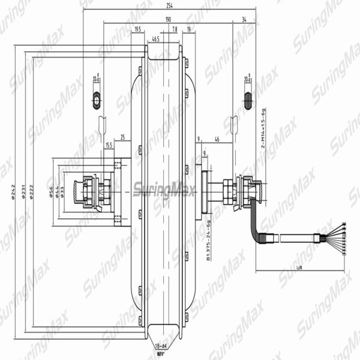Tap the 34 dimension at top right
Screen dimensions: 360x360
pos(244,19)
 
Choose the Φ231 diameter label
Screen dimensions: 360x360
pos(23,191)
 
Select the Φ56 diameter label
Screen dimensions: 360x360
pos(50,191)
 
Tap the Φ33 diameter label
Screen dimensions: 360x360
pos(63,191)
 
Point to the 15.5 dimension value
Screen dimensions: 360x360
pos(109,145)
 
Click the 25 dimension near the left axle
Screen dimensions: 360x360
pos(122,137)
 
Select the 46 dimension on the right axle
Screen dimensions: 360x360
pos(216,139)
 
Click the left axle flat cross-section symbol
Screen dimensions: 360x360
pos(96,100)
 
